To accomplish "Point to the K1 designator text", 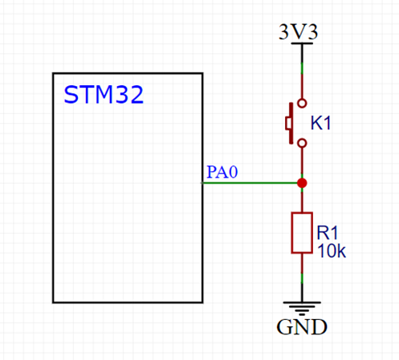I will [x=321, y=124].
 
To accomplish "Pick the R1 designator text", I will [x=328, y=232].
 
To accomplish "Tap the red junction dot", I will [x=302, y=183].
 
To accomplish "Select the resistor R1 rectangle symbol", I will [x=302, y=233].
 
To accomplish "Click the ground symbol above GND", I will [x=302, y=308].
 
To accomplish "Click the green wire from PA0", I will [x=249, y=183].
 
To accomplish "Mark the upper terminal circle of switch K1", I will [x=302, y=103].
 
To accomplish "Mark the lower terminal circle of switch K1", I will [x=302, y=143].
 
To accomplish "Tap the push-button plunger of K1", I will [x=288, y=123].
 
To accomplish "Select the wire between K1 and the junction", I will [x=302, y=163].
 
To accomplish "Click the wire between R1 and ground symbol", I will [x=302, y=277].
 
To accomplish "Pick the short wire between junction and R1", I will [x=302, y=201].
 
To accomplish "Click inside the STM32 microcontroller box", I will [x=128, y=201].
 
